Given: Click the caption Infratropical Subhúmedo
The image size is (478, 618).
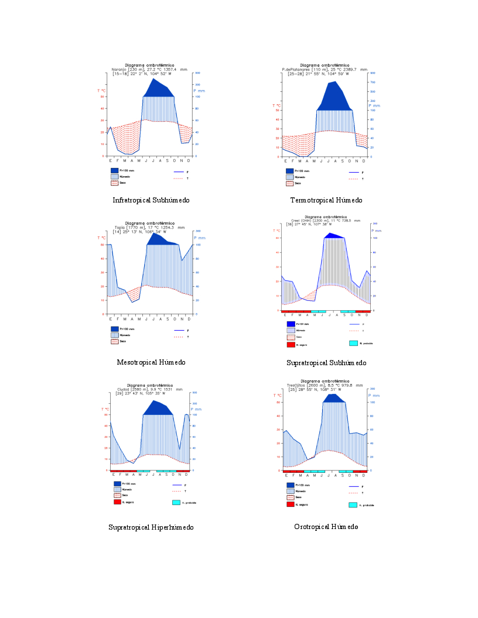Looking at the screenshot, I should click(151, 200).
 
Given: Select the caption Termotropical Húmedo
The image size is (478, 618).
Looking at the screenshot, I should click(326, 200).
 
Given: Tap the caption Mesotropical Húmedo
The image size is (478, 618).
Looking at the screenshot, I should click(151, 362).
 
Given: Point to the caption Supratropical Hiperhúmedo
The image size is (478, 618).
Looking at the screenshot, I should click(151, 527).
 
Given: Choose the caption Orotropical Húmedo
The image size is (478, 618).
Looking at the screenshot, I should click(326, 527).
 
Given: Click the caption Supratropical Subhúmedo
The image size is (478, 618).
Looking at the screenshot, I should click(326, 363).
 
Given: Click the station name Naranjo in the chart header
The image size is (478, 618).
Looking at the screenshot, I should click(119, 70).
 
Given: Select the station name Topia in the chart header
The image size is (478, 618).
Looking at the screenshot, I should click(120, 228).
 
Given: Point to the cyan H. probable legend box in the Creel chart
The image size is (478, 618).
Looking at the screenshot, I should click(353, 344).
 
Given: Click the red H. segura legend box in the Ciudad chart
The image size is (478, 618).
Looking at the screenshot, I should click(117, 502).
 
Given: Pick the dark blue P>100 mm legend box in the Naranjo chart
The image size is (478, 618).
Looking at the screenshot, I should click(115, 170).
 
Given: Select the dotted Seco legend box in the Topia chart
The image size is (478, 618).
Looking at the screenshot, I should click(115, 341).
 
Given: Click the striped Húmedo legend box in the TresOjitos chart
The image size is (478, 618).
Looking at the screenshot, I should click(290, 491).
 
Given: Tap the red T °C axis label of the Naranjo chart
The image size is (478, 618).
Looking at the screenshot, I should click(101, 91).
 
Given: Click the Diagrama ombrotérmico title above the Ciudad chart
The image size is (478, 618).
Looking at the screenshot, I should click(149, 385).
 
